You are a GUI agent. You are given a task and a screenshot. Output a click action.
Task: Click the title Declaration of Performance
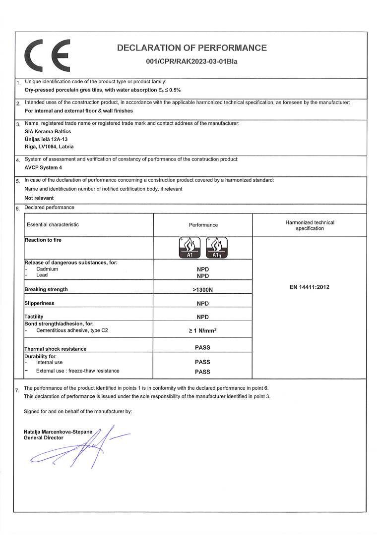191,48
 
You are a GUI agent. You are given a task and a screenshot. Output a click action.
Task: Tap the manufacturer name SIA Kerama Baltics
48,131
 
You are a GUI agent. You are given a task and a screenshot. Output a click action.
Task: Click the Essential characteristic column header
53,225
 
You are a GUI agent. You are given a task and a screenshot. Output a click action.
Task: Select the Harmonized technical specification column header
310,225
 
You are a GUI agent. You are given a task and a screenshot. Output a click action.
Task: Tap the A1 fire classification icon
189,248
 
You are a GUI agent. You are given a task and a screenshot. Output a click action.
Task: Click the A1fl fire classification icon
217,248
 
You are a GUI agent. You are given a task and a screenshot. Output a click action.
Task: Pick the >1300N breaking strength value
202,289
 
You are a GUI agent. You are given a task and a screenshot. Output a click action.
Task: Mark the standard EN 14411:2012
310,287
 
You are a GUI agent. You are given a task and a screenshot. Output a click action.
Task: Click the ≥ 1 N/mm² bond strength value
202,330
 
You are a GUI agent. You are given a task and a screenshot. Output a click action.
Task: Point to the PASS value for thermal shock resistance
202,348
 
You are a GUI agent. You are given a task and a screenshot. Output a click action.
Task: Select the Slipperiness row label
39,303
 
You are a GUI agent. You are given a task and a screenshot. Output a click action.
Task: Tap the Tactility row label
34,317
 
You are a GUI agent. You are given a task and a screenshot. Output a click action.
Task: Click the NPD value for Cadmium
202,269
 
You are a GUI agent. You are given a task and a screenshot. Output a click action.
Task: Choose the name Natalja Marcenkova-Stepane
58,432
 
